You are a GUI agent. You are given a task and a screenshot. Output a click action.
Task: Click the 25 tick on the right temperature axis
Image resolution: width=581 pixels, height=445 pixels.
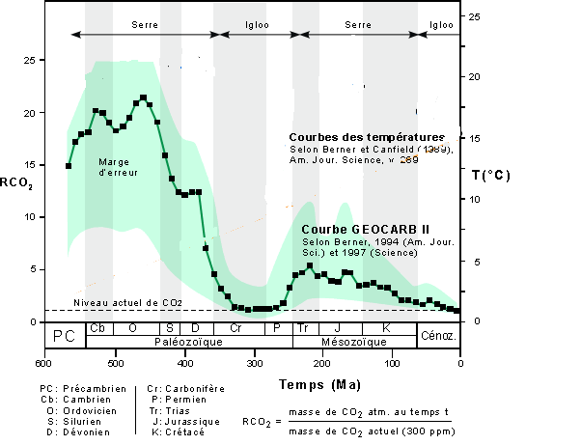[474, 16]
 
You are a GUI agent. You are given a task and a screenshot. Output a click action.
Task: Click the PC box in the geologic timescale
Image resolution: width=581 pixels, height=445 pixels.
[65, 335]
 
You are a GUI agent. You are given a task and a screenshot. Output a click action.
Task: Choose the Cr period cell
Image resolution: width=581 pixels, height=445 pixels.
[235, 328]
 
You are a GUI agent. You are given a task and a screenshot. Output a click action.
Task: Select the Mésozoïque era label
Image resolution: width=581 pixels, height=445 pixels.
[355, 342]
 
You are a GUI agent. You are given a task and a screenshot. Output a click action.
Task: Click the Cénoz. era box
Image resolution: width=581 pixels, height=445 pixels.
[438, 335]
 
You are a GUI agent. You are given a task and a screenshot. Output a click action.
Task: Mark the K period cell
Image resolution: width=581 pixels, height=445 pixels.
[386, 328]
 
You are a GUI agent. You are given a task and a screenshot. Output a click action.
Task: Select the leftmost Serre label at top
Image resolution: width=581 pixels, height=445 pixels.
[145, 23]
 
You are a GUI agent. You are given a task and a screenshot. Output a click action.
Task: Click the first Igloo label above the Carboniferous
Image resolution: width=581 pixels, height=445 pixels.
[257, 23]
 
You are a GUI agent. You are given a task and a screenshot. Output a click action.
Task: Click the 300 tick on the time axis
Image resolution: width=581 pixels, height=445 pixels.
[253, 364]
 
